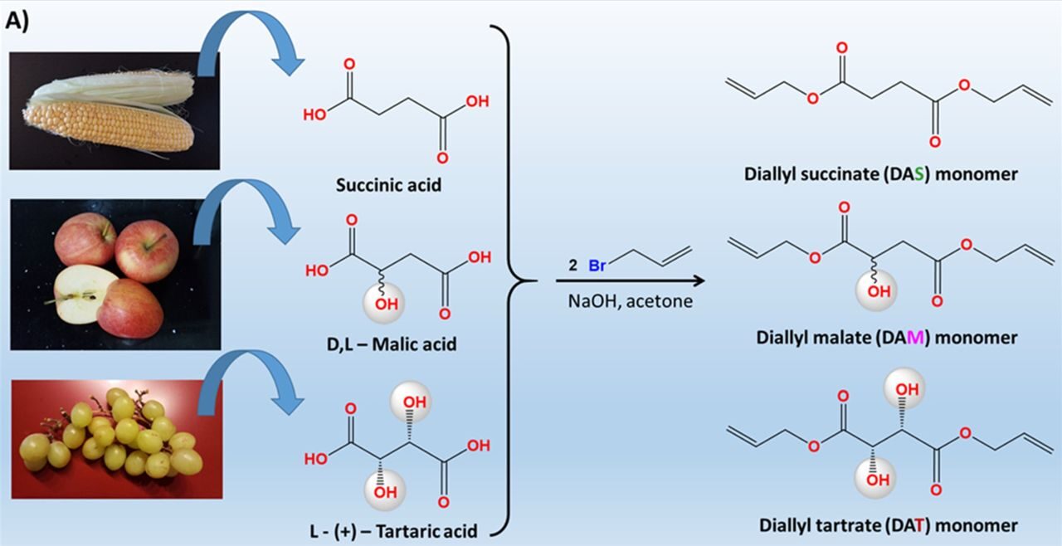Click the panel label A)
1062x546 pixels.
(x=17, y=22)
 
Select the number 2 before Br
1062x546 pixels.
(x=572, y=266)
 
